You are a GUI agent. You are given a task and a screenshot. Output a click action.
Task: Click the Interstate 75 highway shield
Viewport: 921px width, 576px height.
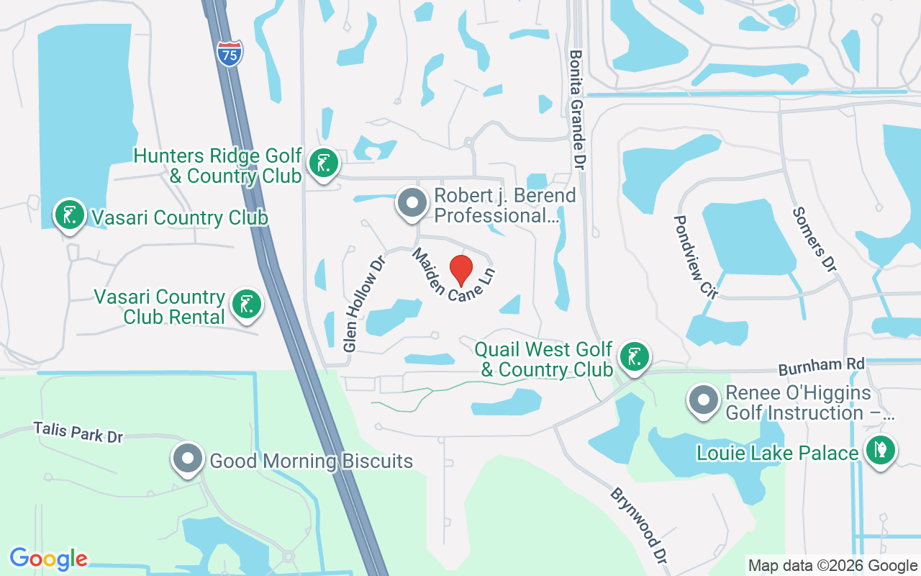pos(230,53)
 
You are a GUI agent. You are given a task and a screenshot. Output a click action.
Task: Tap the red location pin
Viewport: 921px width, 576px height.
pos(460,270)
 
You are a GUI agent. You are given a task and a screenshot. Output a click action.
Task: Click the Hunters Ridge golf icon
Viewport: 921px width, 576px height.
pos(323,163)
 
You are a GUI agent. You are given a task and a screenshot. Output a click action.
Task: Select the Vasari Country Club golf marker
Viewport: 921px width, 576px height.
pos(70,215)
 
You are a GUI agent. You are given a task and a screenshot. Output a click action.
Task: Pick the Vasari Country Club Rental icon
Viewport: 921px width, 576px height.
pos(247,304)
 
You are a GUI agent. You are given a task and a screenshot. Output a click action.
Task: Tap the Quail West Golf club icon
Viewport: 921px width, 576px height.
pos(634,357)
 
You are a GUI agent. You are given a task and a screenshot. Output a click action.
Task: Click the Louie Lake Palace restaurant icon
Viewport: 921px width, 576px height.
pos(881,451)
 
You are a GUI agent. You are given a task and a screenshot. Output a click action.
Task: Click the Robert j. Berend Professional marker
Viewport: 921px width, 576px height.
pos(412,203)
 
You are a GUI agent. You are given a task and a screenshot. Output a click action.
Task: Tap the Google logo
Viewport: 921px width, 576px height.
pos(48,559)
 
